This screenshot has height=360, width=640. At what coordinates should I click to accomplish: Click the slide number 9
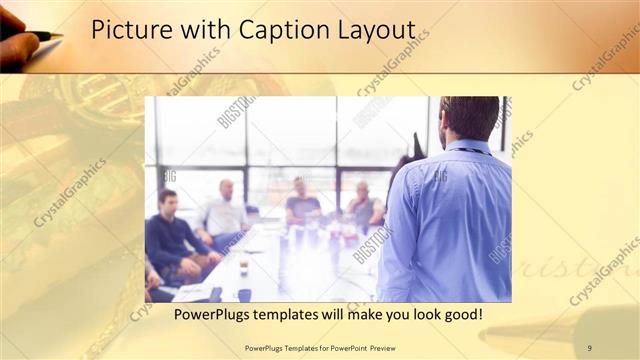[x=589, y=347]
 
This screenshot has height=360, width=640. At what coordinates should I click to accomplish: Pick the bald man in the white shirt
[x=224, y=209]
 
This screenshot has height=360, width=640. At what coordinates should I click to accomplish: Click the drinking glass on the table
[x=243, y=265]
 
